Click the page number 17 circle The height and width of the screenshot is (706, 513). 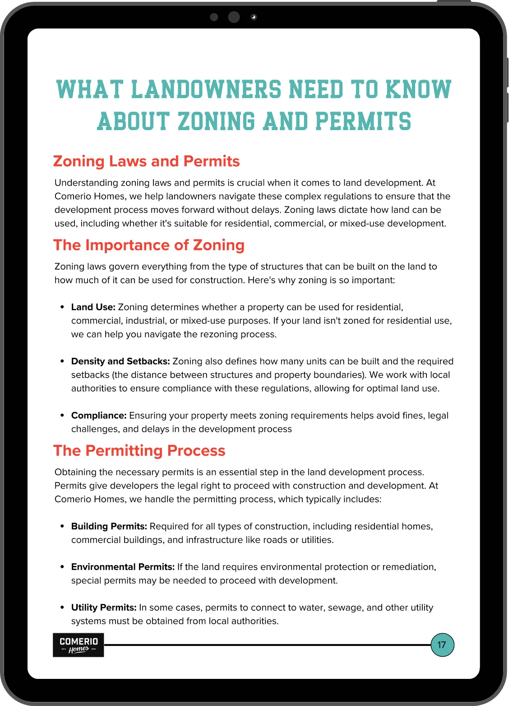[x=442, y=645]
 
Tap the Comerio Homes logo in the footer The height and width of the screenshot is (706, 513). [x=79, y=645]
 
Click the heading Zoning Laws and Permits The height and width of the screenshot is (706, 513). [x=147, y=161]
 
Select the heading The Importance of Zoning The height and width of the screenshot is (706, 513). [x=149, y=245]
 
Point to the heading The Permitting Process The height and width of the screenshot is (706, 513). [x=139, y=450]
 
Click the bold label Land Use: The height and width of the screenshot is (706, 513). [x=93, y=307]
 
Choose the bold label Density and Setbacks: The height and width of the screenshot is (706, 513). [x=120, y=361]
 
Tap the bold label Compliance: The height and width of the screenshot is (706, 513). [x=99, y=416]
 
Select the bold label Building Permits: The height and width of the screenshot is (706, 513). [x=109, y=526]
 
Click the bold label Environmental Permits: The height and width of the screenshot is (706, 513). [x=123, y=567]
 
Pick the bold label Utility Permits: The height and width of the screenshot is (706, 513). [x=104, y=608]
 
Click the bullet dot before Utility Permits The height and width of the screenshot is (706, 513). [x=62, y=608]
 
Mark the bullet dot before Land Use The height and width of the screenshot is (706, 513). [x=62, y=308]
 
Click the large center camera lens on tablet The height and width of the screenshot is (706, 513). [x=234, y=17]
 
